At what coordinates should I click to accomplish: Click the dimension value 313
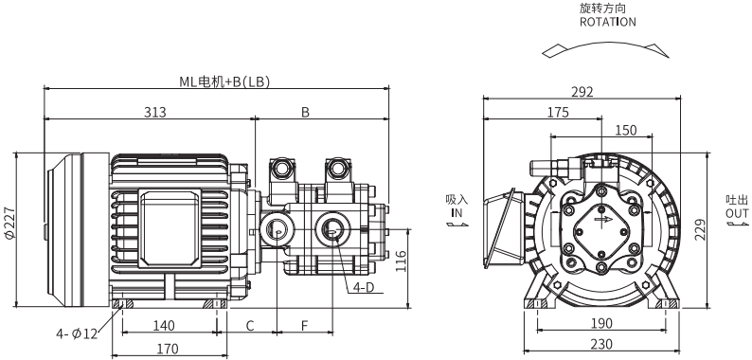point(155,113)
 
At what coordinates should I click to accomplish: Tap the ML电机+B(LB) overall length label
point(224,82)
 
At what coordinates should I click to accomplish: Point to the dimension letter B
point(306,113)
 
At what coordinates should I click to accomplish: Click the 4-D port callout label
point(363,287)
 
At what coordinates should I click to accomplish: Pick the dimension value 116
point(401,261)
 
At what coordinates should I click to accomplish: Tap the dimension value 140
point(164,326)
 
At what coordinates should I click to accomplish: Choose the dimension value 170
point(168,349)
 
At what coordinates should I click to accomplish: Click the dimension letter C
point(250,326)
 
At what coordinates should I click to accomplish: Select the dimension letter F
point(305,326)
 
